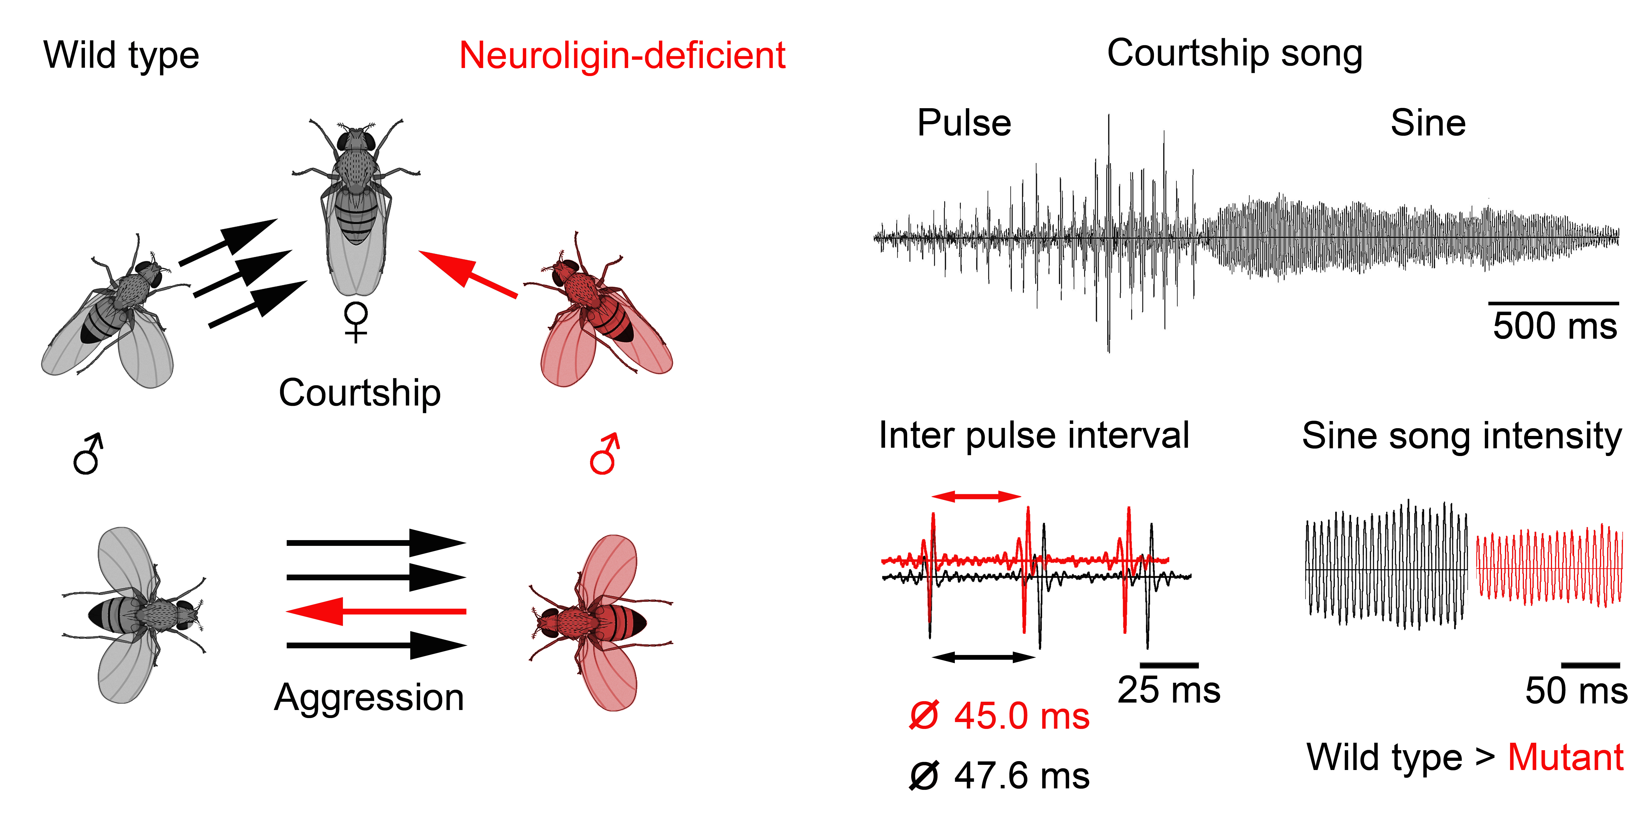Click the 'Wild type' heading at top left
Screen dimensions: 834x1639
(121, 55)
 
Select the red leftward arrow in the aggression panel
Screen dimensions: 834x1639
(375, 611)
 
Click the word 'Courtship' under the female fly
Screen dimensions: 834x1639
(360, 393)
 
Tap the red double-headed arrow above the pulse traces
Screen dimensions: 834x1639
(976, 496)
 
